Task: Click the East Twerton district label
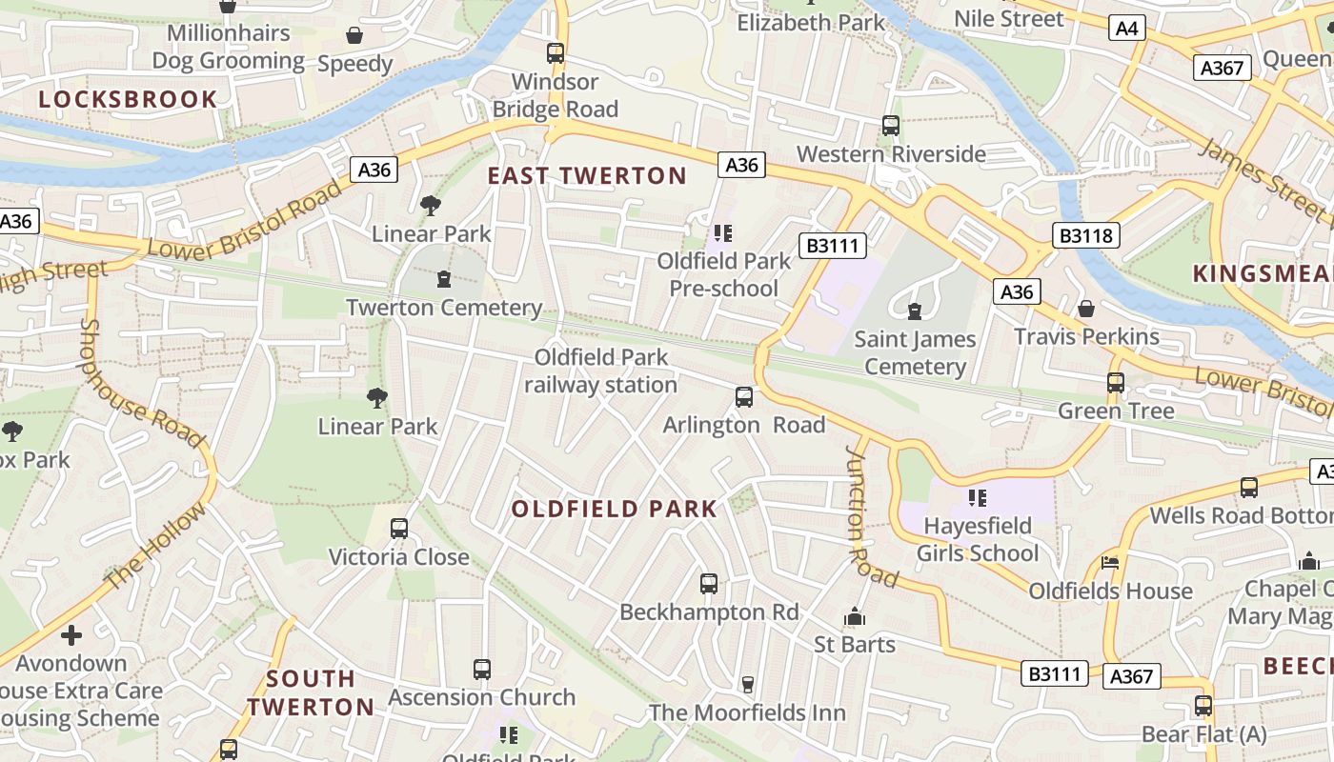point(587,175)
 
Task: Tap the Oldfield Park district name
point(614,509)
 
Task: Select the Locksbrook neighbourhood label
point(128,99)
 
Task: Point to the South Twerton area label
point(310,692)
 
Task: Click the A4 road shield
point(1127,29)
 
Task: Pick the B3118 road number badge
point(1085,235)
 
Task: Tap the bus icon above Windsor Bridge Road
point(556,53)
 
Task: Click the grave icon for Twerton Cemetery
point(443,279)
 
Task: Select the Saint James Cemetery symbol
point(915,311)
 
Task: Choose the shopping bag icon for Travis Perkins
point(1085,309)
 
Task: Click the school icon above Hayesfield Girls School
point(977,497)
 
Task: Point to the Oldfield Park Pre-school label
point(723,274)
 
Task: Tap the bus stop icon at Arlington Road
point(744,397)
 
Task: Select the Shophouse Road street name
point(141,383)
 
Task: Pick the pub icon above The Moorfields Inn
point(748,684)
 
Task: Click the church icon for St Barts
point(854,617)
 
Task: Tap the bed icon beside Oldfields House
point(1110,563)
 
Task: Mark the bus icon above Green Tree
point(1116,383)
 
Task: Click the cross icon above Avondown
point(71,634)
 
